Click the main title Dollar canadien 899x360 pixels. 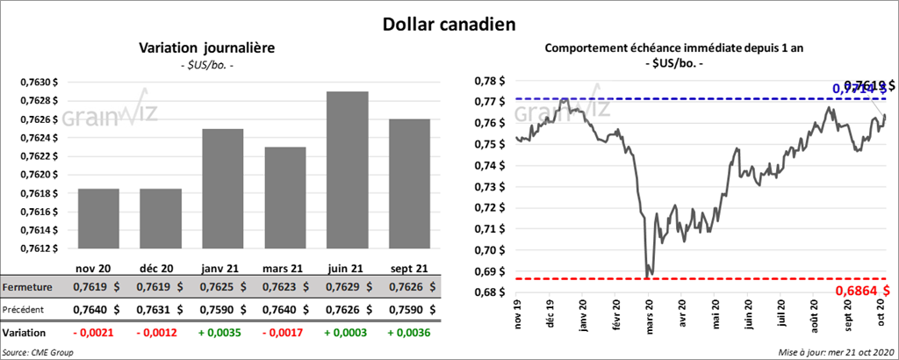(x=449, y=25)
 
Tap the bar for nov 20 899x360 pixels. (x=98, y=219)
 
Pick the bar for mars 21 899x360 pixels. (x=284, y=198)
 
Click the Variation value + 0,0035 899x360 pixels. (x=223, y=334)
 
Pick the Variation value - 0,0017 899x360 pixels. (x=284, y=334)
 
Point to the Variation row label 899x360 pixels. (x=25, y=334)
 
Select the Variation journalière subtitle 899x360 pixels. (x=206, y=48)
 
